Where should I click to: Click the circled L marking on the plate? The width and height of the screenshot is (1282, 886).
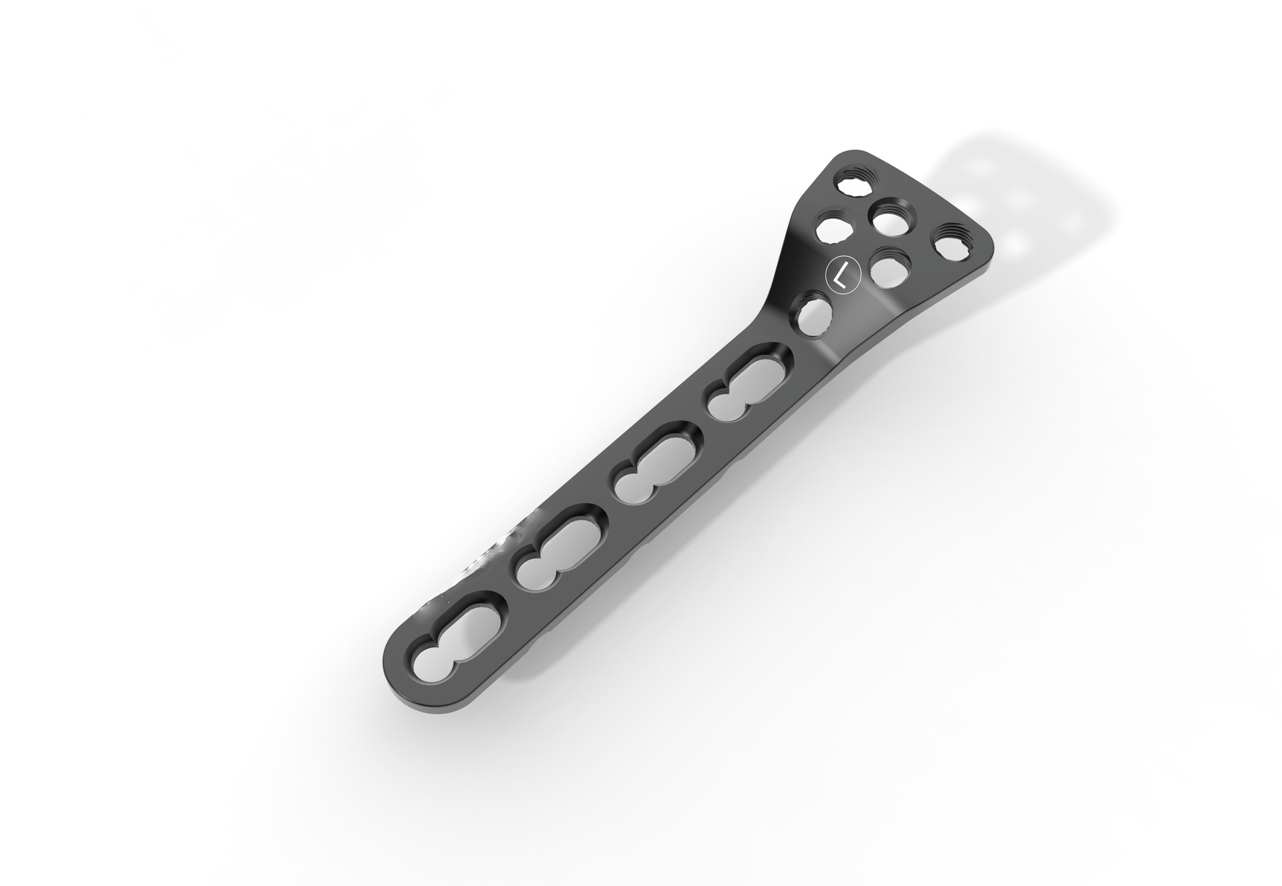pos(843,275)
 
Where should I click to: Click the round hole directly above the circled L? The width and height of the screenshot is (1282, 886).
pos(833,229)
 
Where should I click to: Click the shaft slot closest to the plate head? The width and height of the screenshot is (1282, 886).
pos(749,390)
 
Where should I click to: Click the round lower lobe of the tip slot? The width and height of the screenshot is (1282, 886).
pos(433,661)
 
